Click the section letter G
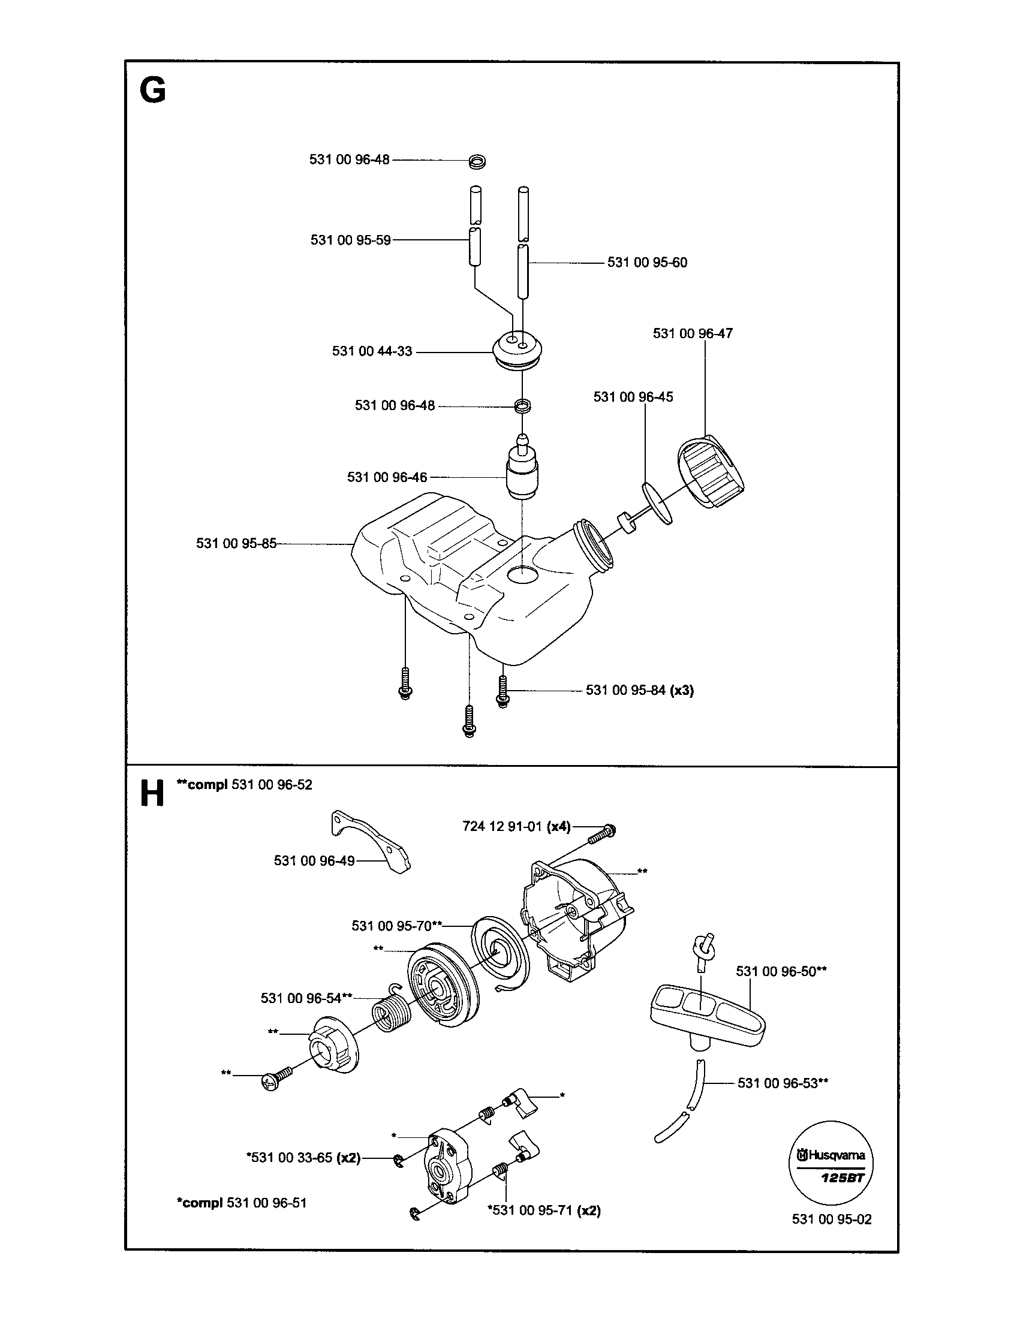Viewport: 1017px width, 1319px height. (x=152, y=92)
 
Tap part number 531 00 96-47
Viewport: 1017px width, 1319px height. (x=692, y=333)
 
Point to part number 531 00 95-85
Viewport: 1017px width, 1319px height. (x=236, y=544)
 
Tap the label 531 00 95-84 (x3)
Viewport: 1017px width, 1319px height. (x=640, y=690)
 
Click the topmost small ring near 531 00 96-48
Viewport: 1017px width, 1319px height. (x=477, y=161)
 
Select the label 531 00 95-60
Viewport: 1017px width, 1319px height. (x=647, y=263)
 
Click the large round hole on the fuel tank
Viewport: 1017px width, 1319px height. (x=522, y=575)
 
